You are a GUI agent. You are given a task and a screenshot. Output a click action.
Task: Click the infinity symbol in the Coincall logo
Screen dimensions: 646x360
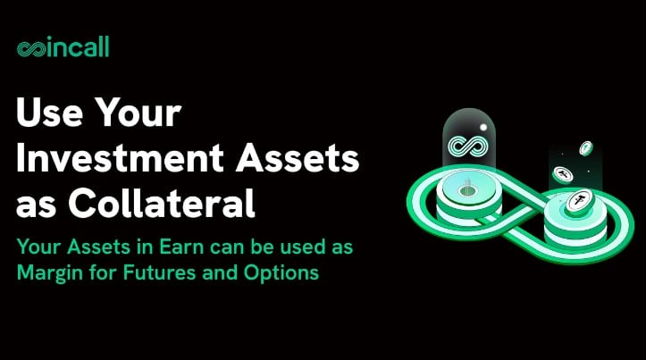click(31, 49)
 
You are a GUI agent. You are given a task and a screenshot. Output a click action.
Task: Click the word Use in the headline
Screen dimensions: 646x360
click(49, 113)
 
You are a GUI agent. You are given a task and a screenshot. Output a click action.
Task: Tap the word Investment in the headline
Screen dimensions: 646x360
click(120, 158)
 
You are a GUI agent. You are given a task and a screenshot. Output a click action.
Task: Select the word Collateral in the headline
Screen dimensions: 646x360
click(162, 203)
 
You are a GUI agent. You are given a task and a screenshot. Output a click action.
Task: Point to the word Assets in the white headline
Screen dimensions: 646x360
click(298, 159)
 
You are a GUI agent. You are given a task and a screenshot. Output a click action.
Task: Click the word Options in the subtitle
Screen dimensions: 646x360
click(281, 273)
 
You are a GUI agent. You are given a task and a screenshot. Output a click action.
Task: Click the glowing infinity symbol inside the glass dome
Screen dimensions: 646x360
click(468, 146)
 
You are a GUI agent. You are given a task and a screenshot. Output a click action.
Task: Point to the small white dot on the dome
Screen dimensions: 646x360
click(483, 128)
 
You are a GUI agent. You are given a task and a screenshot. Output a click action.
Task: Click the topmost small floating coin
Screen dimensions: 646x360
click(586, 148)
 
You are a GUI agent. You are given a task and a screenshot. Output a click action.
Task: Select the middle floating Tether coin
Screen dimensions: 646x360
click(563, 174)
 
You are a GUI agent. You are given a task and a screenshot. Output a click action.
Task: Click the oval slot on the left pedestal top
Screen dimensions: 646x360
click(467, 190)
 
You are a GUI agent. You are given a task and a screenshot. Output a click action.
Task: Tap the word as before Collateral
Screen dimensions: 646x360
click(37, 206)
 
